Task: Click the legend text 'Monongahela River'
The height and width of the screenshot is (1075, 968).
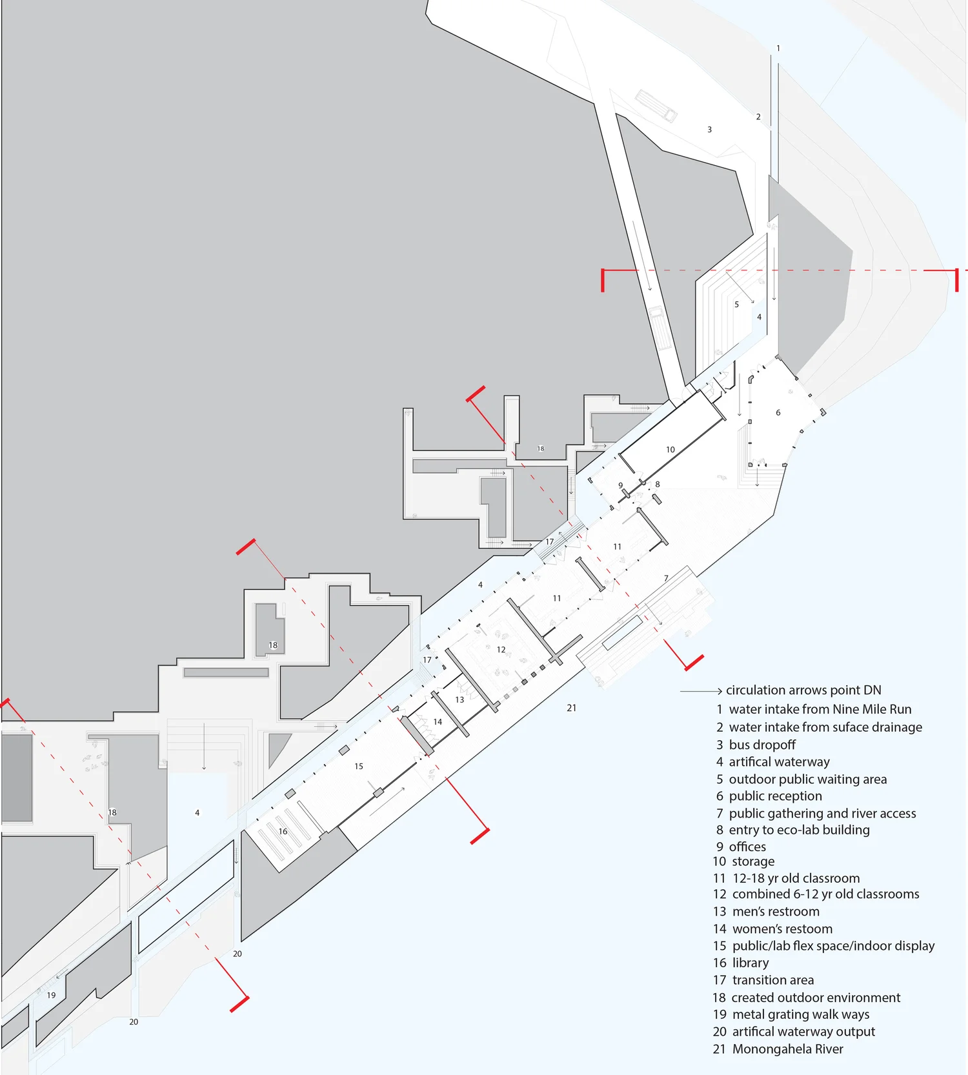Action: point(787,1049)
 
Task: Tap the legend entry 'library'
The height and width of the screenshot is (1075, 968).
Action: point(750,963)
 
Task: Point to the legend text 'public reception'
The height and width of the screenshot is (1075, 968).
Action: point(775,796)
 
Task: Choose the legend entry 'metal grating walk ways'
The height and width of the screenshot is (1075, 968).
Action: point(800,1014)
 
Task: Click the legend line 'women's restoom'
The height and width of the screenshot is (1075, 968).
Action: point(782,929)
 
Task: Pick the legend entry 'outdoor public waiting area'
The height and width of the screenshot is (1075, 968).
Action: point(807,779)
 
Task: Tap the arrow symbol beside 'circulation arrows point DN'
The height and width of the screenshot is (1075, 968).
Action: point(701,691)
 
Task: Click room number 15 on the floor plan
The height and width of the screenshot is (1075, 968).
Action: point(359,767)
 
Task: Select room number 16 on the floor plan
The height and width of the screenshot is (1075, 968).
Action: point(283,831)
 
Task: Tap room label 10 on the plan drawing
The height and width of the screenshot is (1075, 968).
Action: point(671,450)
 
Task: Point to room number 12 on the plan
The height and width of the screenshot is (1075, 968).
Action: point(501,650)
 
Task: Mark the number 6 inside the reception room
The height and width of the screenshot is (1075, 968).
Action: point(778,413)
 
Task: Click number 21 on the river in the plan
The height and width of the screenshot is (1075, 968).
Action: point(571,708)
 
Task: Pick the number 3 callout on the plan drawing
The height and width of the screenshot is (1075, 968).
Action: point(710,130)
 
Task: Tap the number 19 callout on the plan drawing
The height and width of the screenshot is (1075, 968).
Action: point(51,995)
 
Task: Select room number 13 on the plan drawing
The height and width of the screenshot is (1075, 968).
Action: point(459,699)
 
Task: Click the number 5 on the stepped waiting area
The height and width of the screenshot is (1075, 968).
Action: point(736,305)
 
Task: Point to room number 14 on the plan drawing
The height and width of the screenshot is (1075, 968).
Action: point(438,722)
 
